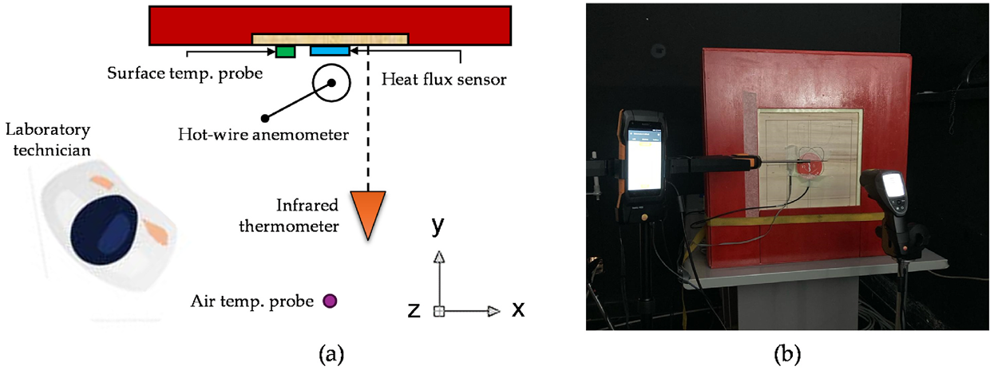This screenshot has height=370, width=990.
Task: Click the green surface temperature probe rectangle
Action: [285, 52]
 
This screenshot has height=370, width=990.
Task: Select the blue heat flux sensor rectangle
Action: [330, 51]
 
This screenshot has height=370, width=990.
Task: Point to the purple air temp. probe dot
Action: [329, 301]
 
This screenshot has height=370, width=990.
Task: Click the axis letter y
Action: [438, 227]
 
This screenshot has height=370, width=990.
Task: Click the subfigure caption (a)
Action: [331, 352]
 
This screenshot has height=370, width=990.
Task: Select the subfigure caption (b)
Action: [786, 351]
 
